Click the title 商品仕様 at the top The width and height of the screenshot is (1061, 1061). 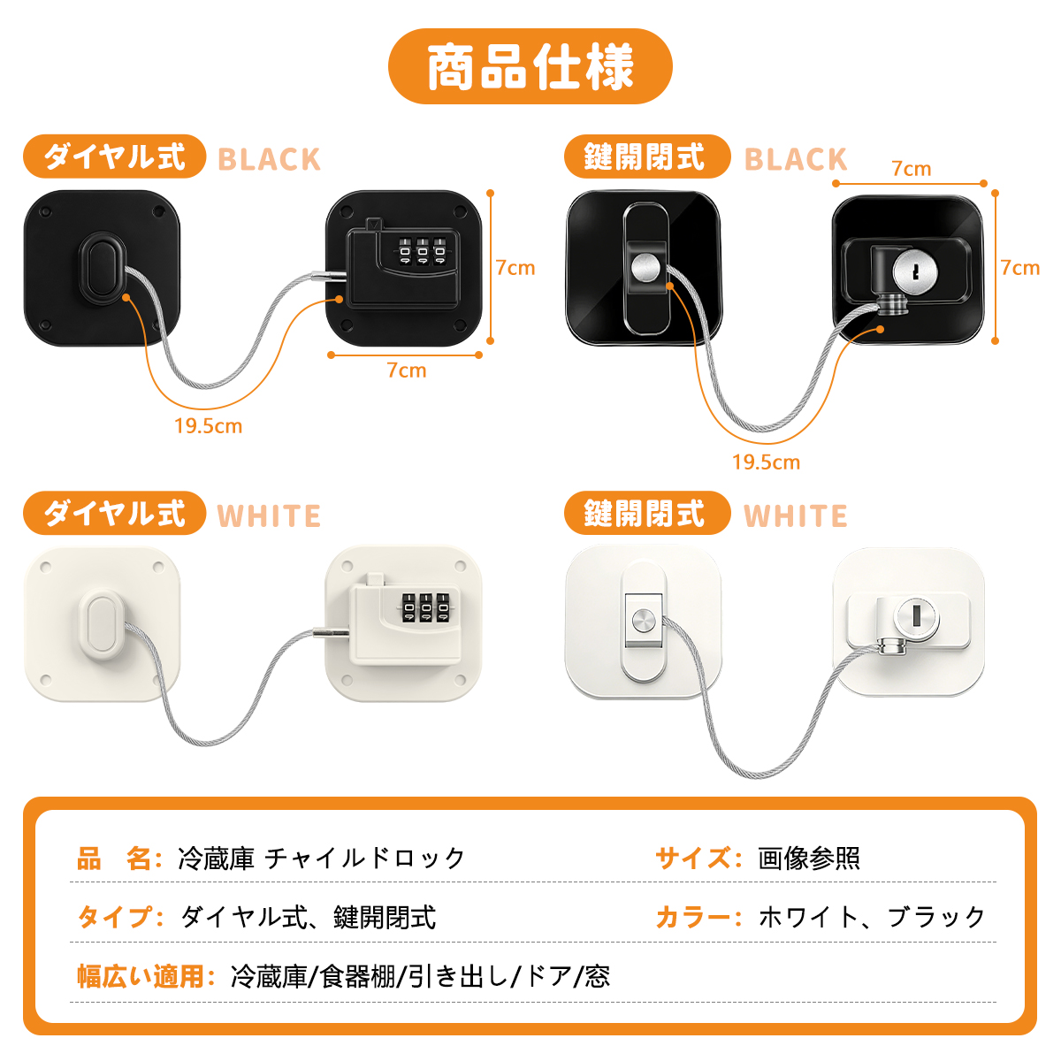click(530, 66)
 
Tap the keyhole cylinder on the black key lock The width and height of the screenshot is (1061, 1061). click(914, 271)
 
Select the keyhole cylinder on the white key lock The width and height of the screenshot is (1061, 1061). click(916, 616)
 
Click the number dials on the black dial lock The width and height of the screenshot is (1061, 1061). click(422, 251)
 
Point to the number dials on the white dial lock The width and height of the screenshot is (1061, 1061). click(425, 607)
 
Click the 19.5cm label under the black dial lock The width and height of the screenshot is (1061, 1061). click(208, 425)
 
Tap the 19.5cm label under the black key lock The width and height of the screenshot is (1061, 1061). click(766, 462)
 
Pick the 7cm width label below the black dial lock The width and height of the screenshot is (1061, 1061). click(407, 370)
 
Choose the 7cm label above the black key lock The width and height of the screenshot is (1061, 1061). click(912, 169)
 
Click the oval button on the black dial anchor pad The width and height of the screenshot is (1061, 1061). click(103, 269)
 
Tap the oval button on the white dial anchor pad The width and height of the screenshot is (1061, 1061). click(103, 625)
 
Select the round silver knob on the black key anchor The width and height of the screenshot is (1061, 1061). click(645, 268)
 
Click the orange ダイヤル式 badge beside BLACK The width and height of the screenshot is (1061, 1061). click(115, 156)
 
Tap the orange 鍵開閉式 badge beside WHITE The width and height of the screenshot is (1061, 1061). click(647, 513)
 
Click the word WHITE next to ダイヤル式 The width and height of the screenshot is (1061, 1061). click(269, 515)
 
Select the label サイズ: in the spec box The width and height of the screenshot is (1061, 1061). click(698, 858)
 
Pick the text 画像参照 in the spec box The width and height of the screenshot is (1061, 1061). click(809, 858)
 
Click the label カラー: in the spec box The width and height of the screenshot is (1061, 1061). click(698, 917)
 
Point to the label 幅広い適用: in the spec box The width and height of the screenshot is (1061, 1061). click(145, 977)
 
